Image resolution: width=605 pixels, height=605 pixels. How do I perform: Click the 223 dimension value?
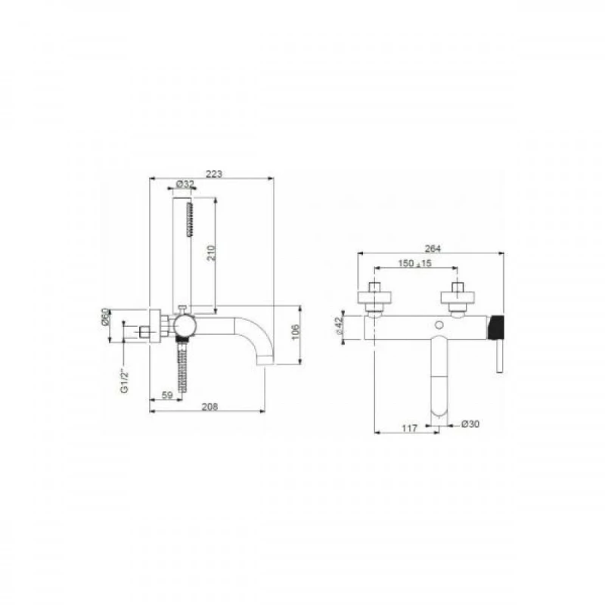[214, 174]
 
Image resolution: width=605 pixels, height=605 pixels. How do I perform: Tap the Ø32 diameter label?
[185, 184]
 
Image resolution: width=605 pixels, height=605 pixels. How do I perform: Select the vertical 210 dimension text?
[211, 253]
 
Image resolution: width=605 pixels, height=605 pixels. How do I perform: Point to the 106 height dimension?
[295, 332]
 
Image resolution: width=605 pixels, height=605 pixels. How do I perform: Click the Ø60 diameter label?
[106, 317]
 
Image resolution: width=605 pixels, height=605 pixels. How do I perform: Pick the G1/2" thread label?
[124, 381]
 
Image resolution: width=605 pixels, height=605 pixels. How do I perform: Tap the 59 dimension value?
[167, 395]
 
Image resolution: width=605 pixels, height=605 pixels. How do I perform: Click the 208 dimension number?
[209, 406]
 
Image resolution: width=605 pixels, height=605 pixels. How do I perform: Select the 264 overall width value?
[433, 249]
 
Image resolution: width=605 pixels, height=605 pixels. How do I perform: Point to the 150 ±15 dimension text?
[414, 263]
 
